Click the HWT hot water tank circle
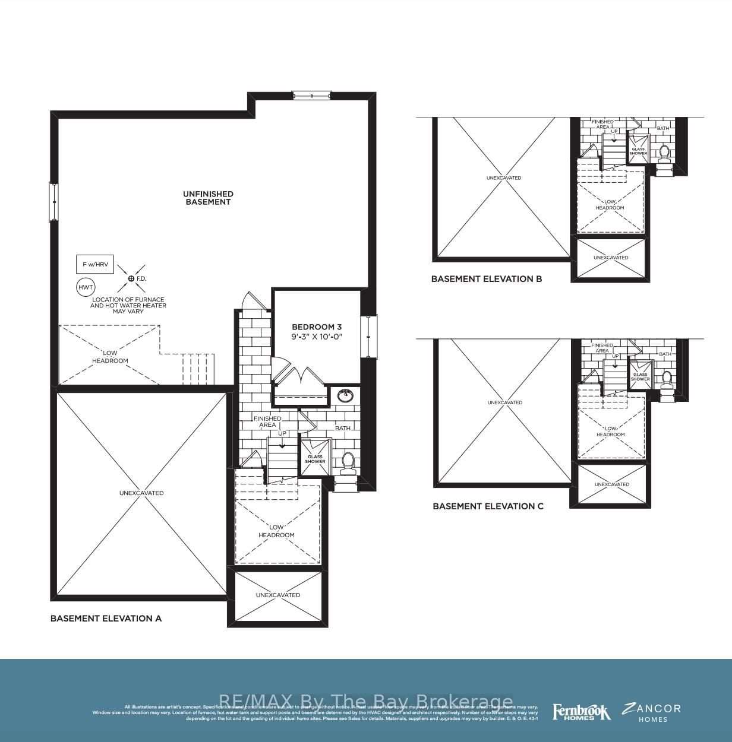(86, 287)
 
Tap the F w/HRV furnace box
(95, 264)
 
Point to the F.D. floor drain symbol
(131, 278)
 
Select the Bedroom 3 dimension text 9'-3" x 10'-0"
(317, 337)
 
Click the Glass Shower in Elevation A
(315, 458)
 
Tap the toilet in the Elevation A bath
(348, 461)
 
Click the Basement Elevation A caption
(106, 619)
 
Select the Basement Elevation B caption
(486, 279)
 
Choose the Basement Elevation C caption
(488, 506)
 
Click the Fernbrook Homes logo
(581, 712)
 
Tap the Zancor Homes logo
(652, 712)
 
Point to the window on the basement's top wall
(311, 95)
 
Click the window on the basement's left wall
(54, 202)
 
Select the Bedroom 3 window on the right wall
(369, 336)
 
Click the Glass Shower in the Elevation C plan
(640, 376)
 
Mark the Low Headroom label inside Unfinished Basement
(110, 357)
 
